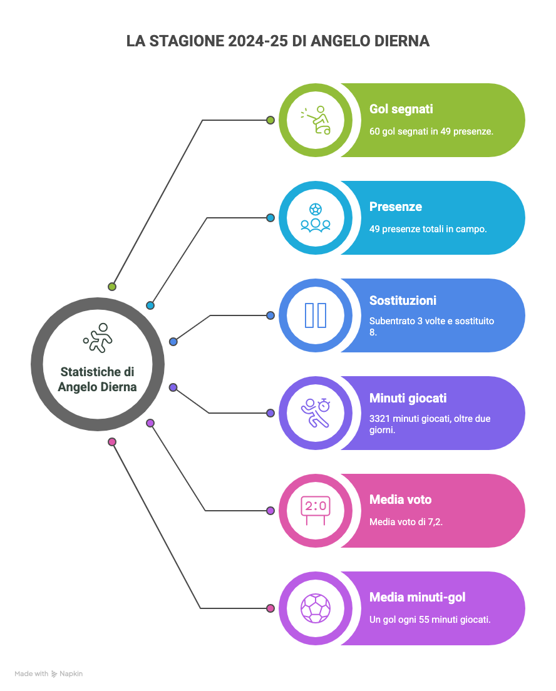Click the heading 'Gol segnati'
(401, 109)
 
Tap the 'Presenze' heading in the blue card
(395, 207)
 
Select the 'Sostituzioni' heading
(403, 300)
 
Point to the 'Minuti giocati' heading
(408, 398)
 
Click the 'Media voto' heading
(400, 499)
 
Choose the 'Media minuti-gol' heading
(417, 597)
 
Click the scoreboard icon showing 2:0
(315, 510)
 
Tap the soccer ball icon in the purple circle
(315, 608)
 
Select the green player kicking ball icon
(316, 120)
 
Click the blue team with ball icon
(315, 217)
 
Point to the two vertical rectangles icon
(315, 315)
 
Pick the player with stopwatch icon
(315, 412)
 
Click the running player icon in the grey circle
(98, 338)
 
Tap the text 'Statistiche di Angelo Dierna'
(97, 379)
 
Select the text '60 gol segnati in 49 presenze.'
(431, 131)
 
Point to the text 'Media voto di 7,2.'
(406, 521)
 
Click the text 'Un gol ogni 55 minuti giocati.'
(430, 620)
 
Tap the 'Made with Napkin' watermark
(49, 674)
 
